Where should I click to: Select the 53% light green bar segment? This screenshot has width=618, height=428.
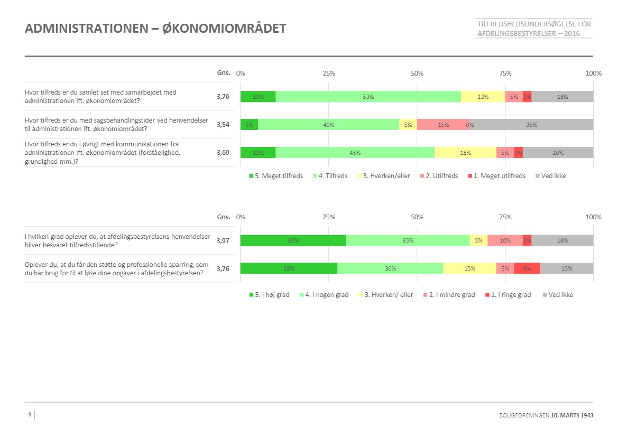pyautogui.click(x=368, y=97)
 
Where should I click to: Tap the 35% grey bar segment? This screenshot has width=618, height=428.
pyautogui.click(x=531, y=125)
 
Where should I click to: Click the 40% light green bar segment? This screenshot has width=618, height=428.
pyautogui.click(x=328, y=125)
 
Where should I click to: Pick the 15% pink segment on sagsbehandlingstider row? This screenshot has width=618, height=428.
pyautogui.click(x=443, y=125)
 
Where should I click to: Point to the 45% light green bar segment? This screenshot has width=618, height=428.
pyautogui.click(x=355, y=153)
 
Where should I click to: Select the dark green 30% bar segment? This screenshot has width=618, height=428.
pyautogui.click(x=293, y=240)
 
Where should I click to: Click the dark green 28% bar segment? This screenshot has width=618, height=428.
pyautogui.click(x=289, y=268)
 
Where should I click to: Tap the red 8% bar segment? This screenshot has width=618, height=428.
pyautogui.click(x=527, y=268)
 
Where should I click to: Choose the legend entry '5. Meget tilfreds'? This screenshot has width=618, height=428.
pyautogui.click(x=275, y=176)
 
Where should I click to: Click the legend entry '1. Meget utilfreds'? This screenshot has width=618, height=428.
pyautogui.click(x=495, y=176)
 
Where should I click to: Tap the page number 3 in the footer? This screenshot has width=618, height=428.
pyautogui.click(x=30, y=414)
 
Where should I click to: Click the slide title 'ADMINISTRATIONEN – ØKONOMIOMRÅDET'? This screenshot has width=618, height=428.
pyautogui.click(x=155, y=29)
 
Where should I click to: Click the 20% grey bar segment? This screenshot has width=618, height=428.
pyautogui.click(x=558, y=153)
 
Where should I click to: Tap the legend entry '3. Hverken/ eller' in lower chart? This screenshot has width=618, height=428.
pyautogui.click(x=388, y=295)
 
